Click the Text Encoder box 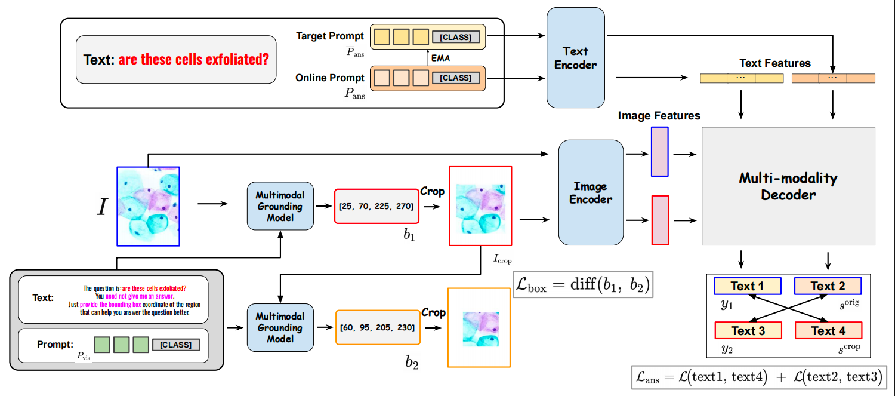(575, 57)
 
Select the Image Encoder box (591, 192)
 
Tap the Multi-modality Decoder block (788, 186)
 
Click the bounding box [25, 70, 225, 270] (377, 206)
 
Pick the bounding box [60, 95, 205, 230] (378, 327)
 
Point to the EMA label (440, 58)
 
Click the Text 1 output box (747, 286)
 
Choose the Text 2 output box (828, 286)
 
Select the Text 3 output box (747, 330)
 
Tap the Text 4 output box (828, 330)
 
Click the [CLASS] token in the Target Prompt (455, 38)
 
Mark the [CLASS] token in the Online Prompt (455, 78)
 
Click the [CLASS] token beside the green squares (176, 345)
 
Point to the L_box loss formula (582, 284)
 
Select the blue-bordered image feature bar (659, 151)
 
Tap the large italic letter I (103, 206)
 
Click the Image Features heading (659, 115)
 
